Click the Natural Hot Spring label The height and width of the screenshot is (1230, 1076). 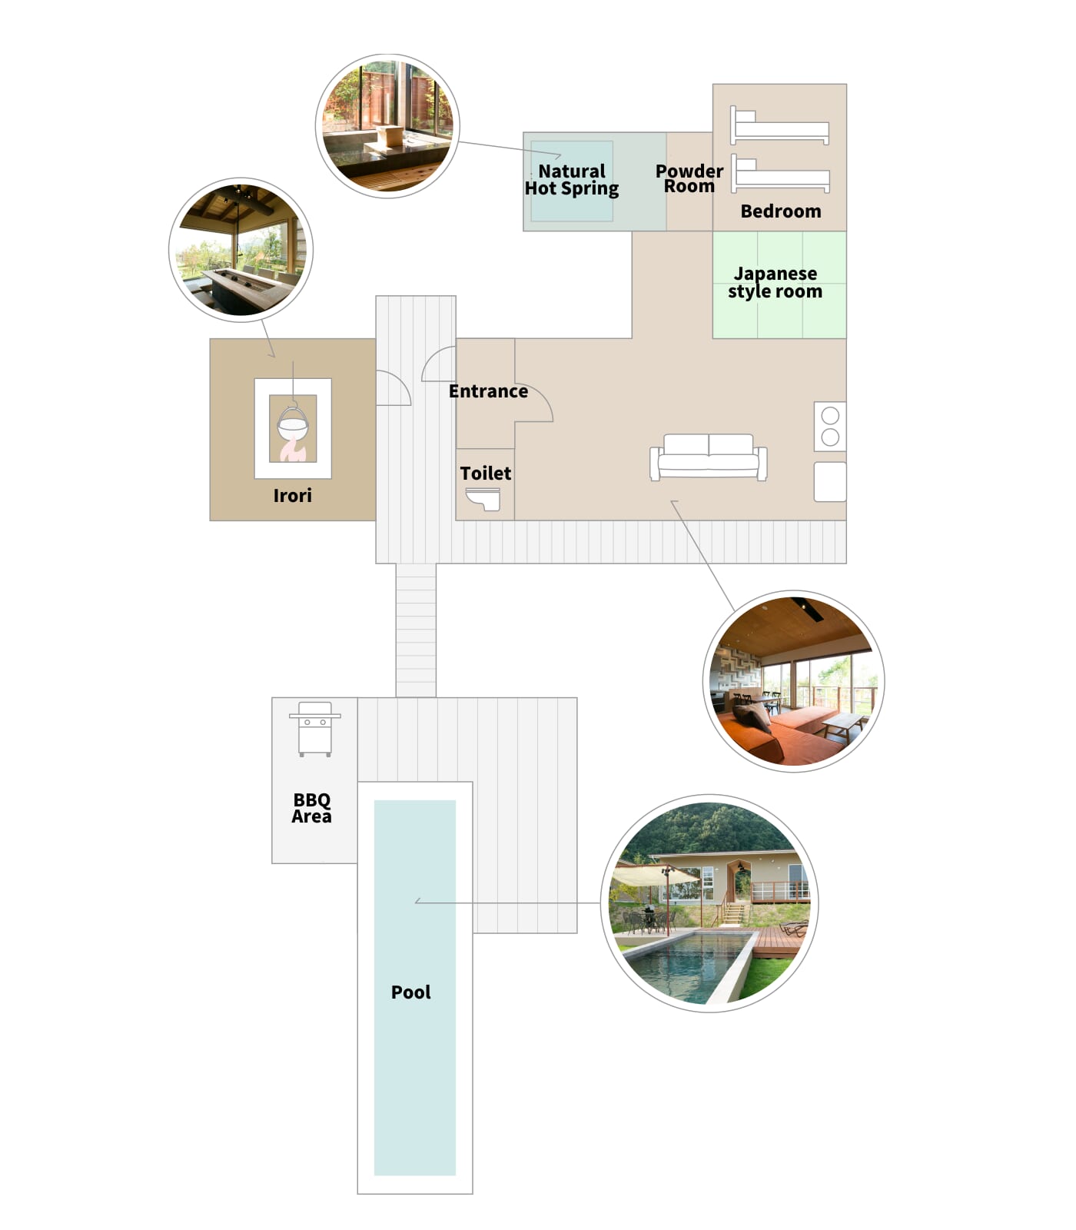click(x=572, y=180)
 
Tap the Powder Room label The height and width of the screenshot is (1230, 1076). click(x=689, y=178)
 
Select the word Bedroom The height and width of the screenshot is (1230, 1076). click(x=781, y=211)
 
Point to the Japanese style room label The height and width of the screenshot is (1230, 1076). click(x=775, y=282)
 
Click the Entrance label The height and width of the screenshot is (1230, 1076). click(x=489, y=391)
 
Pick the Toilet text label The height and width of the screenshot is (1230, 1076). click(x=486, y=474)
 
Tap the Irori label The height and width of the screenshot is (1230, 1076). click(x=293, y=496)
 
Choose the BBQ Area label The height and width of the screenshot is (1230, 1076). click(x=311, y=808)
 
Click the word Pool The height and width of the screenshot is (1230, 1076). click(x=411, y=992)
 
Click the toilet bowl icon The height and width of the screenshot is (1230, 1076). click(x=483, y=500)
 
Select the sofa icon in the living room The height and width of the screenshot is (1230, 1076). click(x=709, y=457)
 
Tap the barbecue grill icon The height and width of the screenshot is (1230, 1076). click(x=315, y=729)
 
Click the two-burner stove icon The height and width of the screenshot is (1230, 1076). click(x=830, y=427)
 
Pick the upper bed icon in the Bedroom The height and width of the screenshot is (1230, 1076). click(x=779, y=125)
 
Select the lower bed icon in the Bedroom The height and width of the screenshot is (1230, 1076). click(x=779, y=174)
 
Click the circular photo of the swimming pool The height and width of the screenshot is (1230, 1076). click(x=709, y=903)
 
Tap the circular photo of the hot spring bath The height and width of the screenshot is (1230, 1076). click(x=387, y=126)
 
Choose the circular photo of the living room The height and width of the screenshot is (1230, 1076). click(x=794, y=681)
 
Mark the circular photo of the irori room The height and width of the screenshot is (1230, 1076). click(x=241, y=251)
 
